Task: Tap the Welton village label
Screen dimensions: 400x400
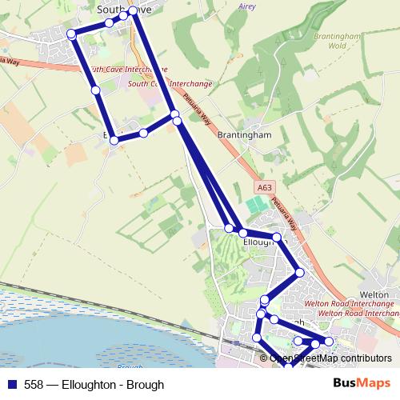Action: click(375, 294)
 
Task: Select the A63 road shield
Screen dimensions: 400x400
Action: click(265, 188)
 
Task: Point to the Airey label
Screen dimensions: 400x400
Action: click(246, 6)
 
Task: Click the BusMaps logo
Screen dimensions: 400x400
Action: click(362, 384)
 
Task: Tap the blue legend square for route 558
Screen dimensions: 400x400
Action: click(12, 385)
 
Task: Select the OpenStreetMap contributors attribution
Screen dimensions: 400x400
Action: click(330, 358)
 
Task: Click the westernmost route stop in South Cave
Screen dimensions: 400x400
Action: click(71, 34)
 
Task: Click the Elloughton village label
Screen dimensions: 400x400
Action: click(263, 242)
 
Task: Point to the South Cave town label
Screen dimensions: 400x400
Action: click(123, 9)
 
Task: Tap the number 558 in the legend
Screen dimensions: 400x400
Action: click(34, 385)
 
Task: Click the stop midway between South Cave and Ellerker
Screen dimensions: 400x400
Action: click(96, 90)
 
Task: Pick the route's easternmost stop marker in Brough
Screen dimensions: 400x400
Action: click(328, 342)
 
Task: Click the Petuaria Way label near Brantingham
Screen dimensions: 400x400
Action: click(197, 109)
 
